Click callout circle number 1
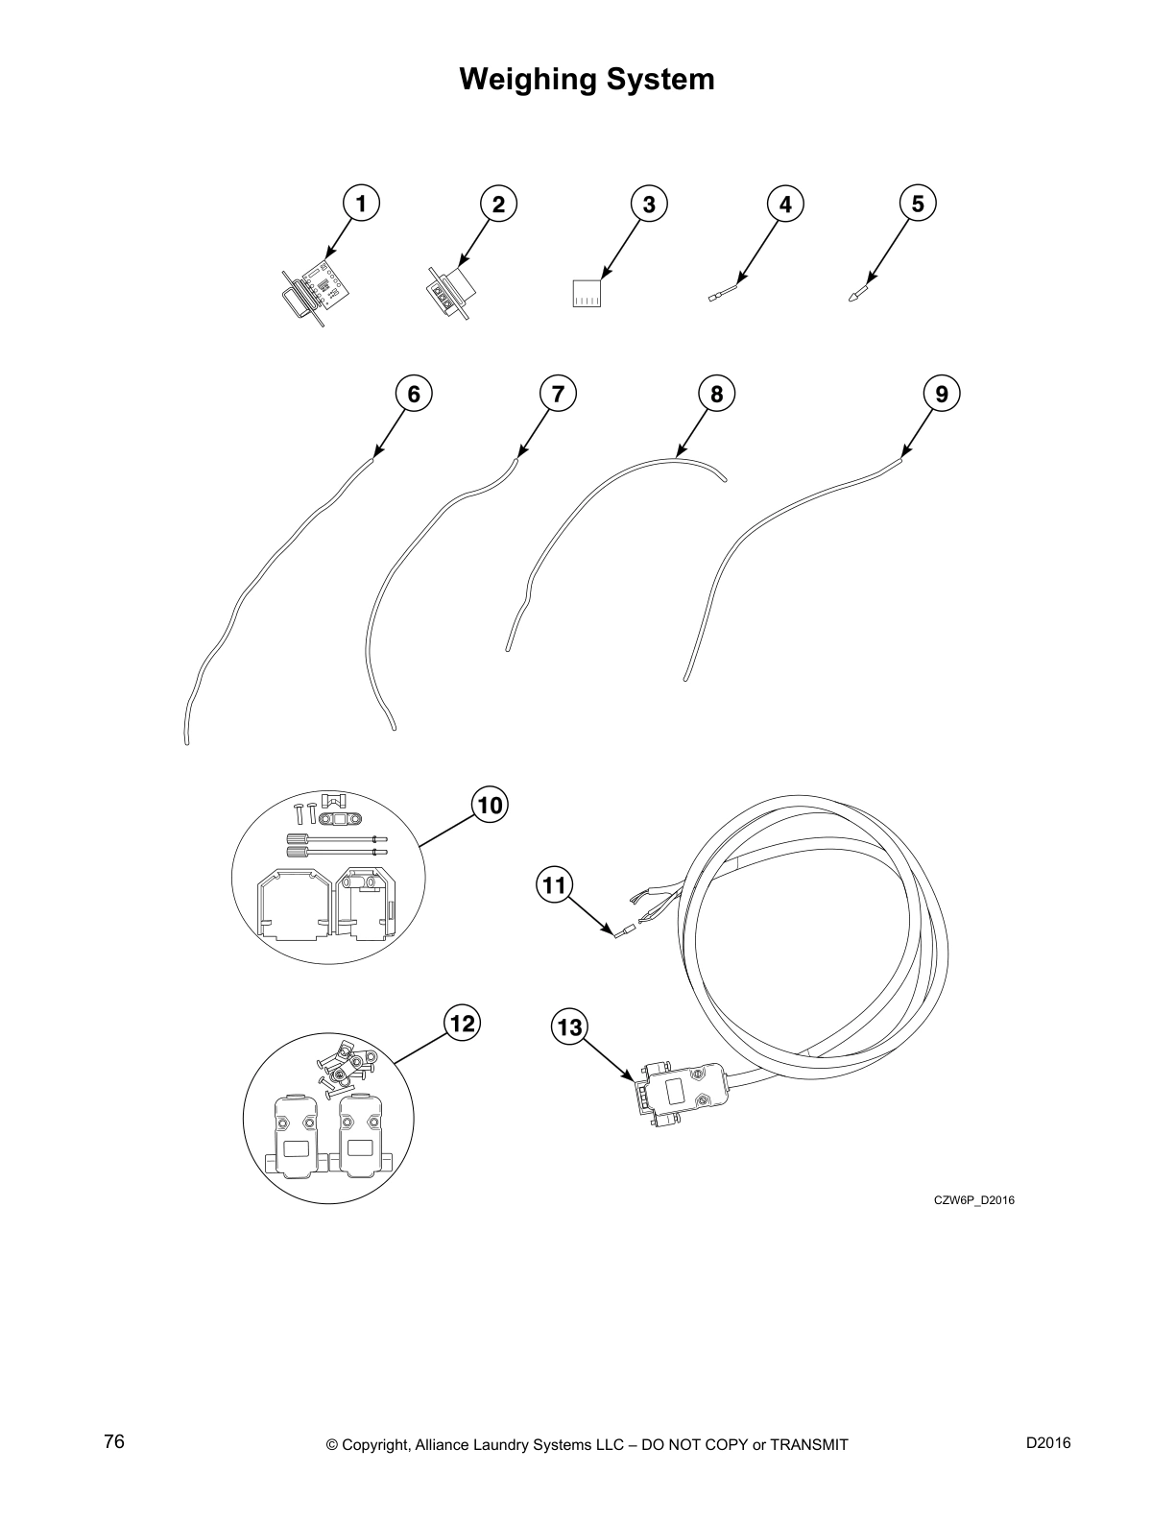pos(361,204)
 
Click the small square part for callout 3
pos(586,293)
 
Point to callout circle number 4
pos(785,204)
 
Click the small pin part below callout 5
pos(858,291)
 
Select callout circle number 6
pos(414,394)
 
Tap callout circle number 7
pos(558,394)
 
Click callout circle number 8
pos(716,394)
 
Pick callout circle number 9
pos(941,394)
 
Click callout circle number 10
pos(490,805)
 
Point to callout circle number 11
pos(555,883)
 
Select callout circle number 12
pos(462,1024)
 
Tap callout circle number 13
pos(569,1027)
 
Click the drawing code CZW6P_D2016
pos(973,1200)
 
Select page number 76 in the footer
pos(114,1443)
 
